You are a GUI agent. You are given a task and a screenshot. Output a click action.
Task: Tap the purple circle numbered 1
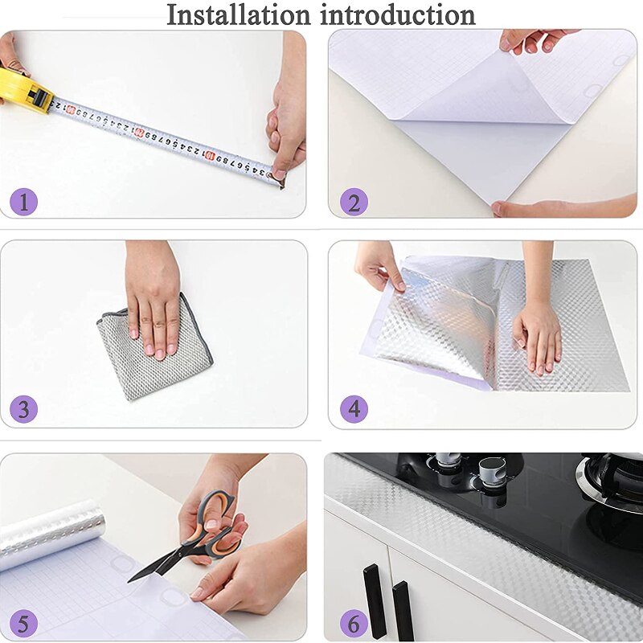23,201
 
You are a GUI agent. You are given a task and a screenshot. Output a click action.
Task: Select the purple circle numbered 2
353,201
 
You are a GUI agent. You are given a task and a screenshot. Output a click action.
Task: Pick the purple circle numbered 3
23,409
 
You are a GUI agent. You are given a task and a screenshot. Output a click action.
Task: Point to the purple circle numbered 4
353,409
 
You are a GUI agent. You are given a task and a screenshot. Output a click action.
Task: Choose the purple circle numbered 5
23,623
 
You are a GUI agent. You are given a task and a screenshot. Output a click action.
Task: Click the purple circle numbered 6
353,623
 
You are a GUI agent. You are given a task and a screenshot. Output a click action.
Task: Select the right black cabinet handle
403,610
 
